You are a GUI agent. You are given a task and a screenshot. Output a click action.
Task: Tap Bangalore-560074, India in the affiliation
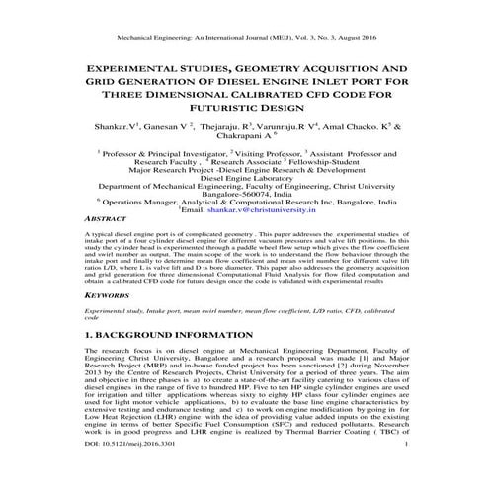pos(245,193)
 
